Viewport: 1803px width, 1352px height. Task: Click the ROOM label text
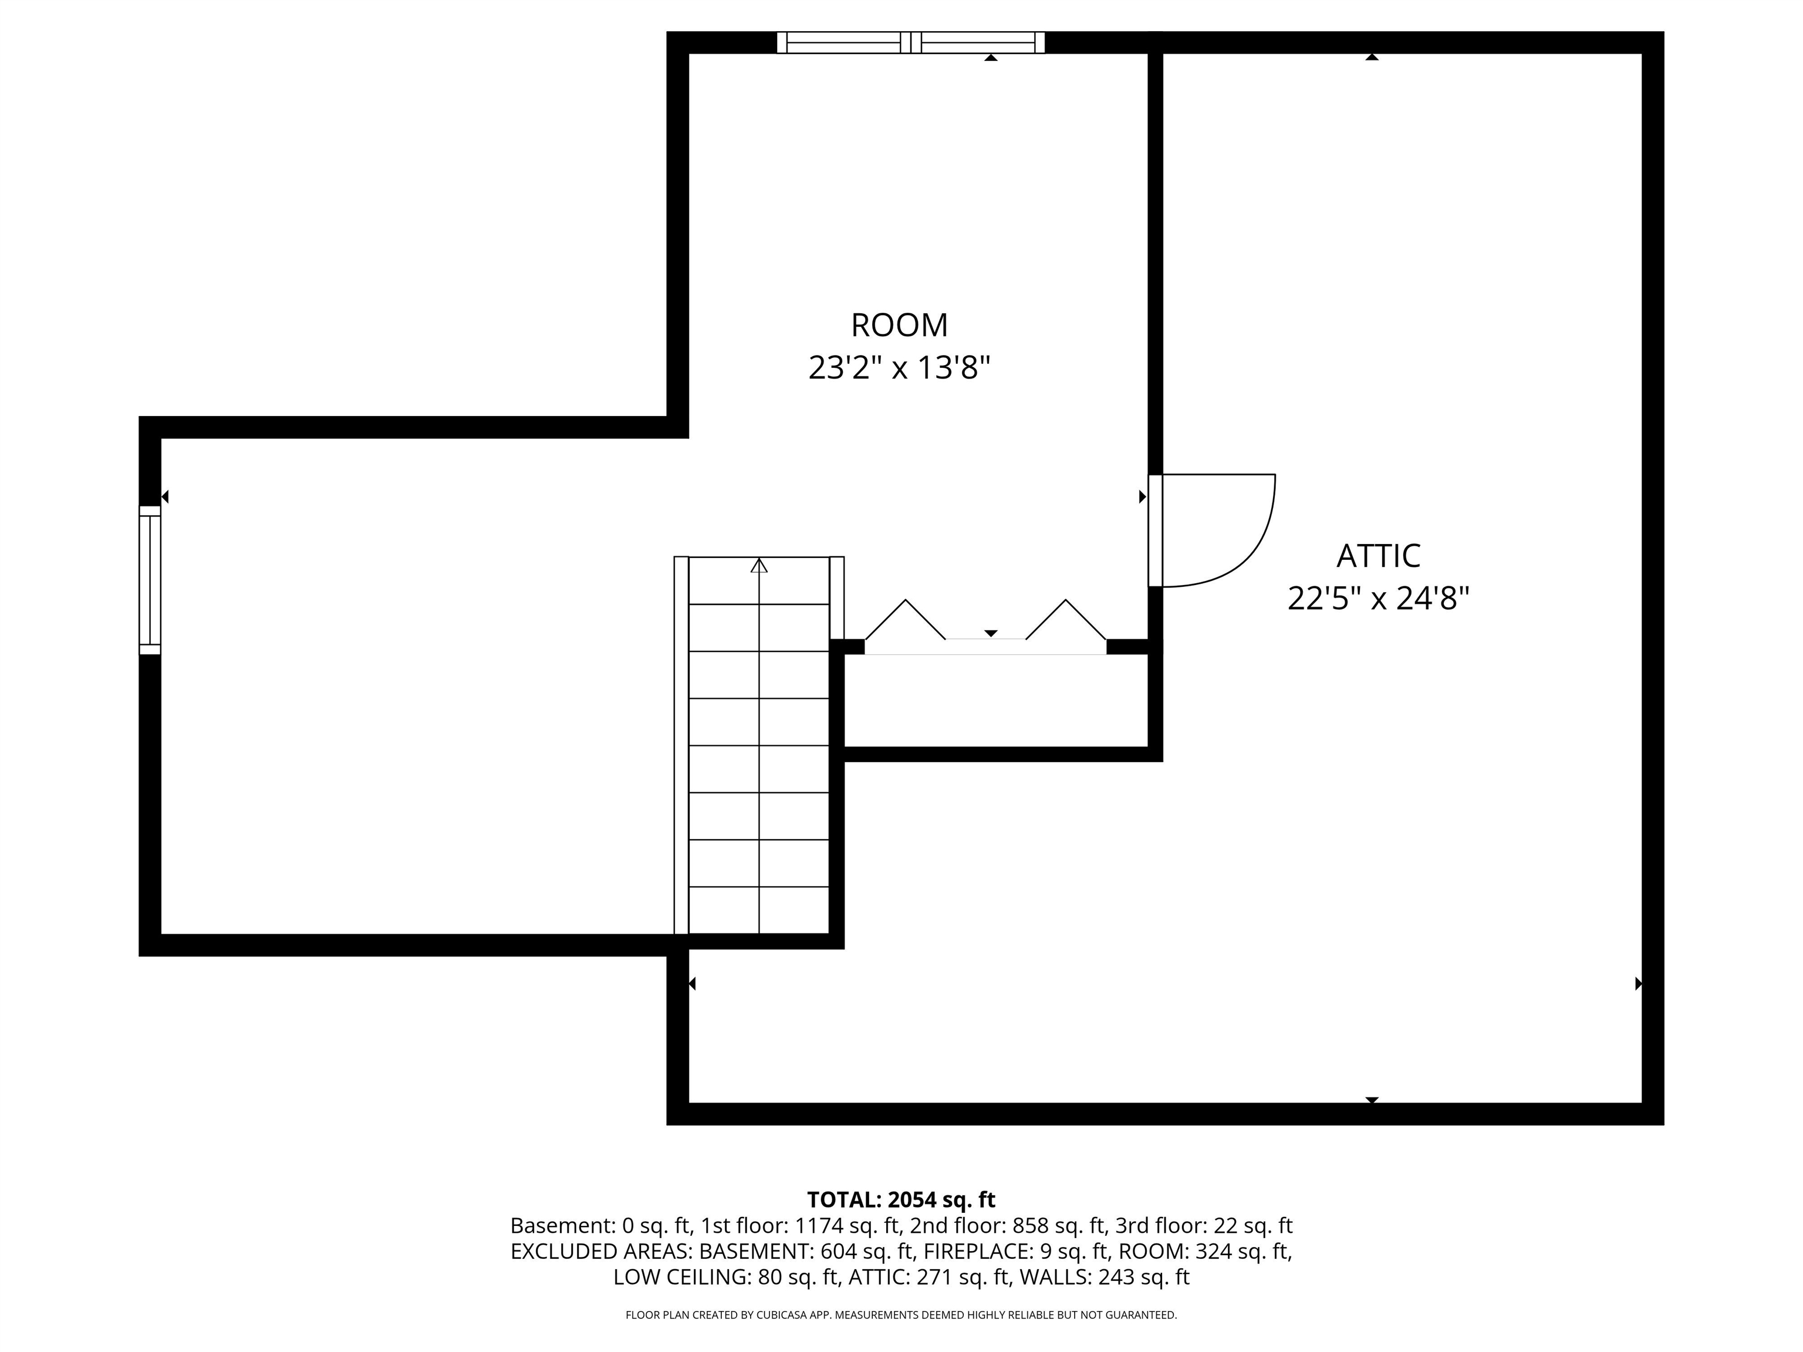coord(899,325)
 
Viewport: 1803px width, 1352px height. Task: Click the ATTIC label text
coord(1377,556)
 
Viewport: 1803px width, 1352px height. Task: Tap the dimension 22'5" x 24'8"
coord(1377,599)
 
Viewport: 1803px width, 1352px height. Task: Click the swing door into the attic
coord(1214,530)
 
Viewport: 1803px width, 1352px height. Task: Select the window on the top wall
coord(910,42)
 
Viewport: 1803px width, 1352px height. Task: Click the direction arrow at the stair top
coord(759,566)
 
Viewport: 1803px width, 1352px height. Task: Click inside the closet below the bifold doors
coord(994,701)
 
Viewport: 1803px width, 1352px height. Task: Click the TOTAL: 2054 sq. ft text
coord(901,1199)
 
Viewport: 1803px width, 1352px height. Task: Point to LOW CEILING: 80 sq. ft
coord(726,1277)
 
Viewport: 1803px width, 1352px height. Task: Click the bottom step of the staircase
coord(759,910)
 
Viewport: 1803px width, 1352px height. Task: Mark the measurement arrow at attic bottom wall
coord(1372,1100)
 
